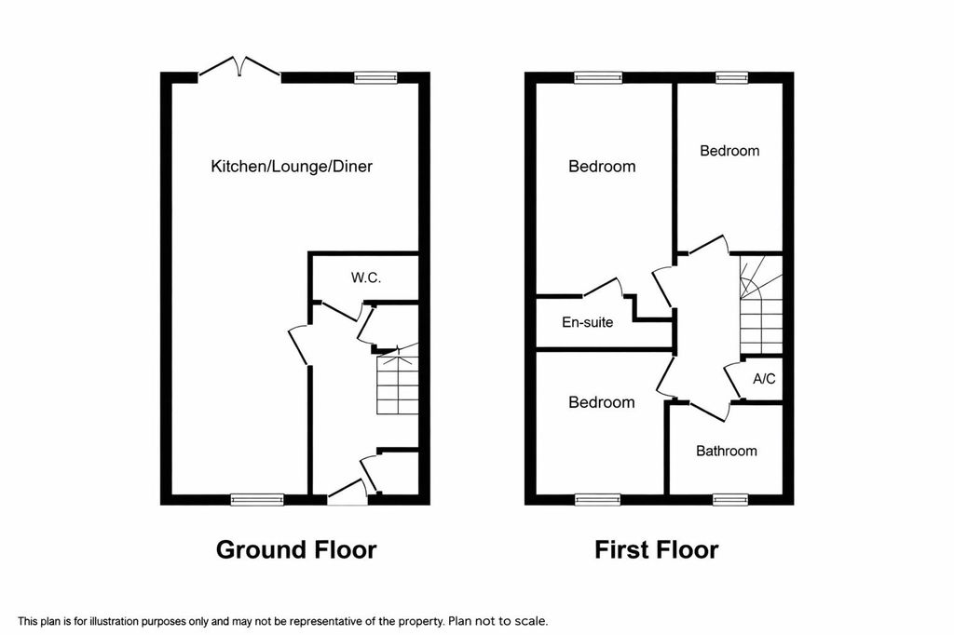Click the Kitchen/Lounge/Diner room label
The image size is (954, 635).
tap(292, 167)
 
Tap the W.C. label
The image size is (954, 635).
tap(366, 277)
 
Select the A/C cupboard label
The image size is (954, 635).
tap(764, 379)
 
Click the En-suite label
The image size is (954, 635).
tap(587, 323)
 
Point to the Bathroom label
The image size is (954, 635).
tap(727, 451)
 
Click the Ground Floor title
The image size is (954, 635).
tap(296, 549)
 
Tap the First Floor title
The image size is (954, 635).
tap(657, 549)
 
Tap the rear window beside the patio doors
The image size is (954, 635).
tap(375, 78)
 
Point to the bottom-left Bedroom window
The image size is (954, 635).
tap(596, 499)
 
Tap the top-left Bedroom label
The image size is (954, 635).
tap(602, 167)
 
